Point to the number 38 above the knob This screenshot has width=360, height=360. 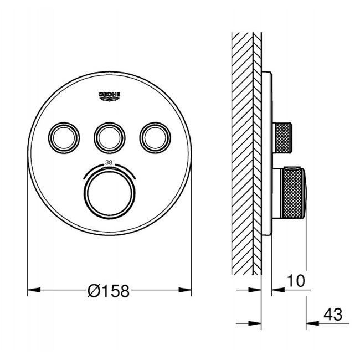[x=109, y=163]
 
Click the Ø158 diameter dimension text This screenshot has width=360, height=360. [x=109, y=290]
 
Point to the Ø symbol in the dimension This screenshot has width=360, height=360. [x=95, y=290]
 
